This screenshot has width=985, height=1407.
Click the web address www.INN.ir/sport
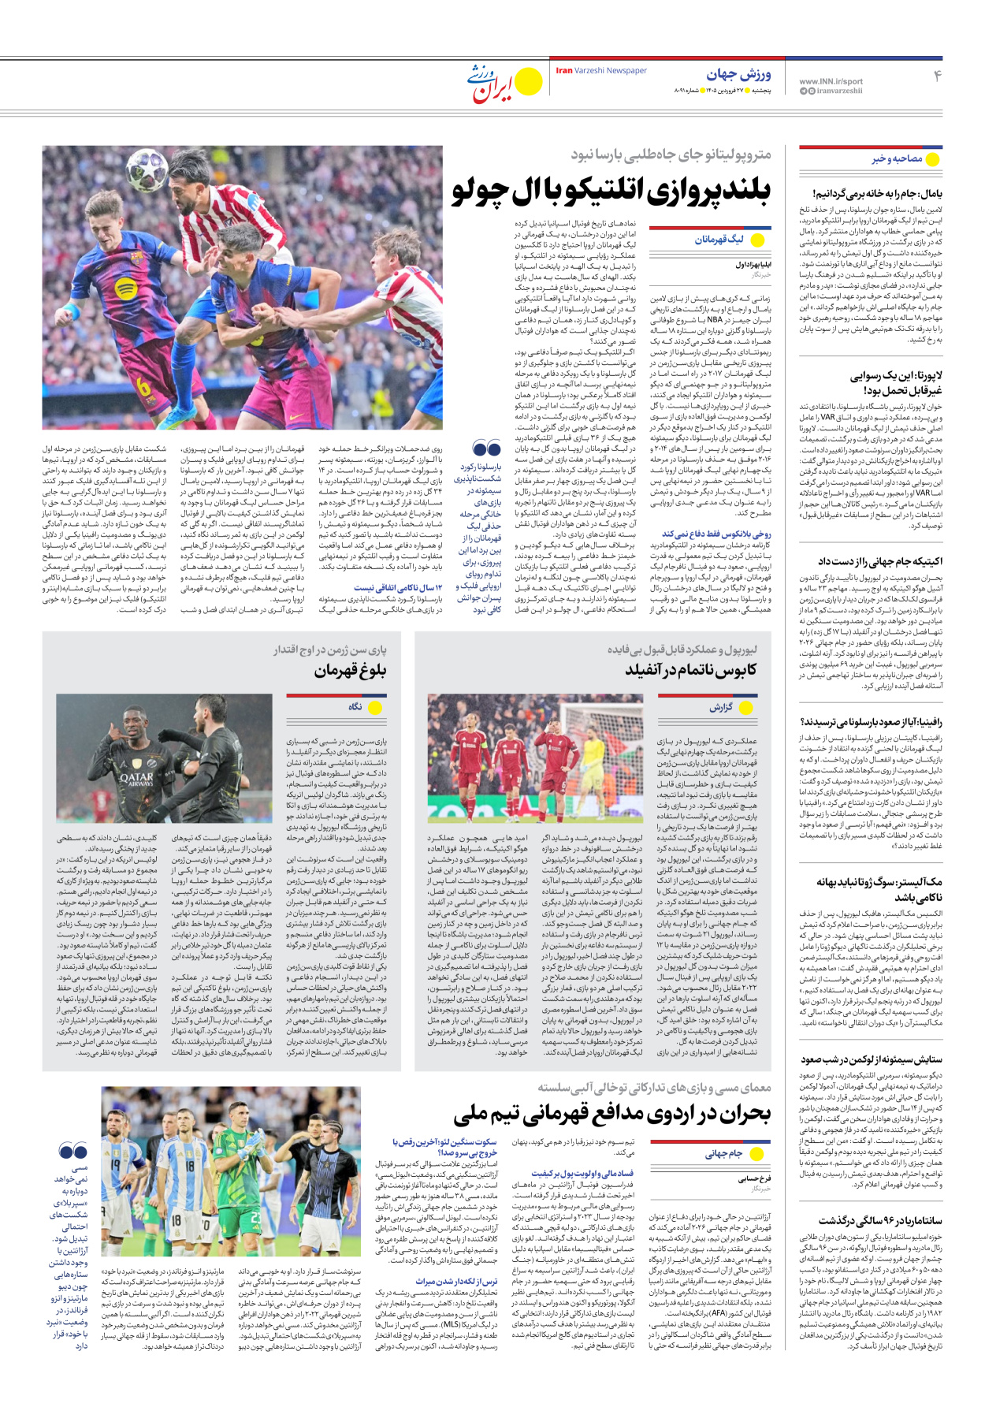(x=831, y=81)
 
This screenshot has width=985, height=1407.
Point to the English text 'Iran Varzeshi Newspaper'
(x=601, y=71)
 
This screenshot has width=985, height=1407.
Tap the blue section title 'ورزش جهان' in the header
(x=738, y=75)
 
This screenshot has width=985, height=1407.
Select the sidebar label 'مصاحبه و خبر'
(x=897, y=159)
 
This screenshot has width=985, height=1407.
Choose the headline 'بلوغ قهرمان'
(x=350, y=671)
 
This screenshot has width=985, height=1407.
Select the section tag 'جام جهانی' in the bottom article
(x=723, y=1154)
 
